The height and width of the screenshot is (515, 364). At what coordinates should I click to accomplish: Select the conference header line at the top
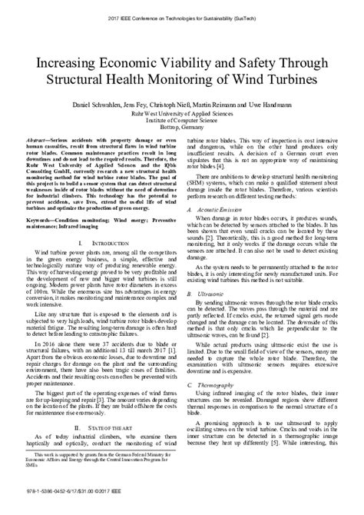(182, 15)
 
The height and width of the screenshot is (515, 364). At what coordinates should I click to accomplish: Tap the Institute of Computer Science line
(182, 124)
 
